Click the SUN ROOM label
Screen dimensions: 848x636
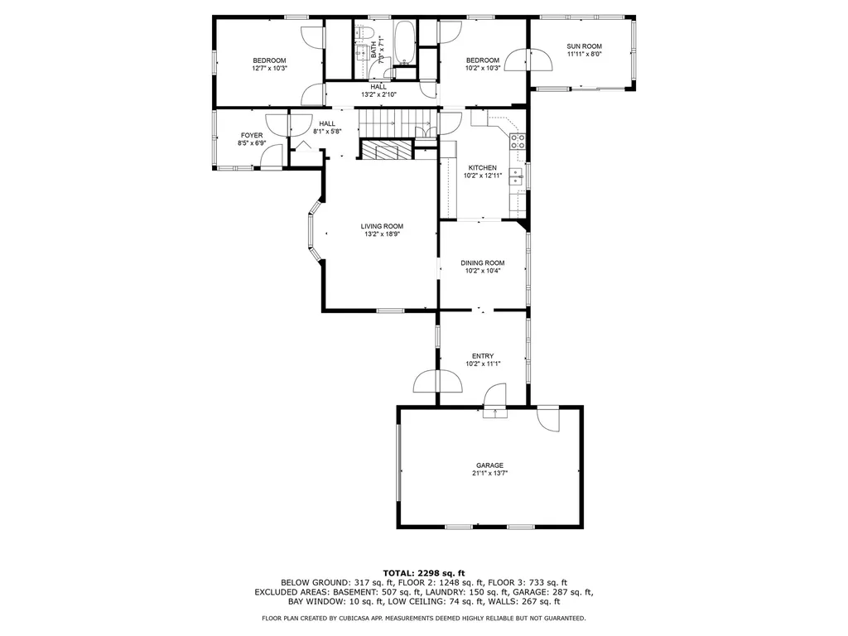tap(584, 46)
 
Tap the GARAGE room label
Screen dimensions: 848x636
tap(489, 465)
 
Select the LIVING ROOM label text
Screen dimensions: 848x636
tap(382, 226)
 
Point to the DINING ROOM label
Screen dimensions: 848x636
tap(483, 263)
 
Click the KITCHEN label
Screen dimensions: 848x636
tap(483, 167)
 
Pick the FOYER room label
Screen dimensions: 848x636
tap(252, 135)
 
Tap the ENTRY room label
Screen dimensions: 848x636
tap(483, 356)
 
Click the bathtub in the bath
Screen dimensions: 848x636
tap(404, 43)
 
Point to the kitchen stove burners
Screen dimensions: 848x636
tap(518, 141)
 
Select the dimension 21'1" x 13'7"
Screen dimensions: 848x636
tap(489, 473)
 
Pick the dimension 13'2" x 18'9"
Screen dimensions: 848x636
tap(382, 234)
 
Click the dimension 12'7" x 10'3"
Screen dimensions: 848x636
tap(269, 68)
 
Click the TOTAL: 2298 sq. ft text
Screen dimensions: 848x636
tap(423, 573)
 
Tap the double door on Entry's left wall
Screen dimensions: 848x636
tap(437, 380)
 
